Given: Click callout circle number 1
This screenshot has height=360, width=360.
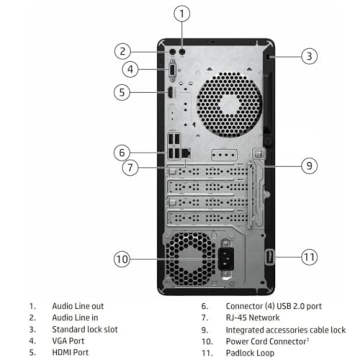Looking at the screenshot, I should (181, 13).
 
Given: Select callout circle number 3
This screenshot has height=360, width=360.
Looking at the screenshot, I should (309, 56).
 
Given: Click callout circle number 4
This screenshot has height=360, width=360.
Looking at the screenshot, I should (130, 69).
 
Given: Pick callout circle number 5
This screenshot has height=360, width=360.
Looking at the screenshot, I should (122, 92).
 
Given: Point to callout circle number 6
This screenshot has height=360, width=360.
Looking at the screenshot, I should (122, 153).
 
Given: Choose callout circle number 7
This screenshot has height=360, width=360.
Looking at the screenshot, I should (130, 168).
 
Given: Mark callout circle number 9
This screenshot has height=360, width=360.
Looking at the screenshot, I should (309, 165).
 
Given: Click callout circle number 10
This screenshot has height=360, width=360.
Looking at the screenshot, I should (122, 259).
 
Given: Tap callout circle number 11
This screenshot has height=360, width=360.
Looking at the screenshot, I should (309, 257).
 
